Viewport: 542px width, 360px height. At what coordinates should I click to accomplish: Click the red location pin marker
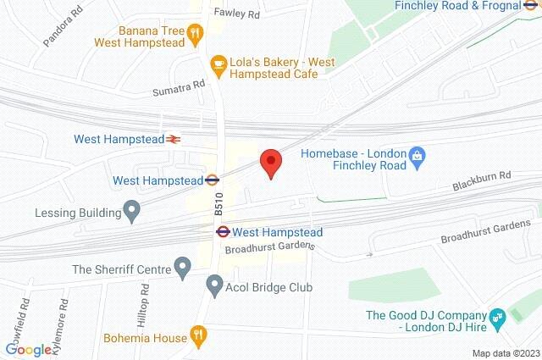tap(270, 162)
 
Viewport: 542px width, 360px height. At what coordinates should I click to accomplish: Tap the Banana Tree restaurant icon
tap(196, 34)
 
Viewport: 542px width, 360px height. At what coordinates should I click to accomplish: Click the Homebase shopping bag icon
tap(417, 155)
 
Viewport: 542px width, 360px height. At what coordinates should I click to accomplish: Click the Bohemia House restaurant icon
tap(198, 334)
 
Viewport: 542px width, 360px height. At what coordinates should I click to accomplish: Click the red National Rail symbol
tap(174, 139)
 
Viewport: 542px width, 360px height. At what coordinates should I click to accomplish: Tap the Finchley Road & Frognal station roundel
tap(529, 5)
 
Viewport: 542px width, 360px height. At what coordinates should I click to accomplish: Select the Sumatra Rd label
tap(179, 86)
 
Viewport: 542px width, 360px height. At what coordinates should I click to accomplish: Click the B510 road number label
tap(218, 204)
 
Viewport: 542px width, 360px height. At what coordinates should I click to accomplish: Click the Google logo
tap(29, 349)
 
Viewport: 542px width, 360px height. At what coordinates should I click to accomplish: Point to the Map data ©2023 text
tap(505, 353)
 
